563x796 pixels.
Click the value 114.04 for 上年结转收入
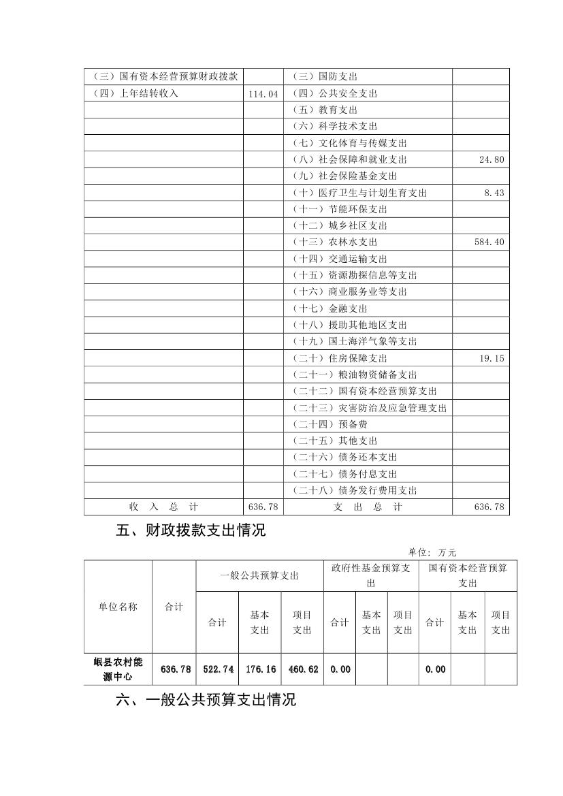pos(264,94)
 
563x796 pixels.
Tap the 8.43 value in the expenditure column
pos(495,193)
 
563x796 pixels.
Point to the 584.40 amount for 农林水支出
pos(489,242)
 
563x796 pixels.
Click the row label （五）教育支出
pos(325,110)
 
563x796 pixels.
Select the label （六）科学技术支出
pos(336,127)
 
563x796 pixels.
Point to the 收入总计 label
pos(163,507)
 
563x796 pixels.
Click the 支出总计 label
pos(368,507)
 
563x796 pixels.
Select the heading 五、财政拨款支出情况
pos(191,531)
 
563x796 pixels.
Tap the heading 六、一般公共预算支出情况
pos(206,700)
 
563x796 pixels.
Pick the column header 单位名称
pos(118,607)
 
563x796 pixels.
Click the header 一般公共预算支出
pos(259,576)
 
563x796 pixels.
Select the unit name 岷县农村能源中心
pos(118,669)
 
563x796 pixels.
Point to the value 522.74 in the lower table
pos(218,669)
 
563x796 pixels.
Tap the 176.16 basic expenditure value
pos(260,669)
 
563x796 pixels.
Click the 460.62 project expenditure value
pos(303,669)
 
